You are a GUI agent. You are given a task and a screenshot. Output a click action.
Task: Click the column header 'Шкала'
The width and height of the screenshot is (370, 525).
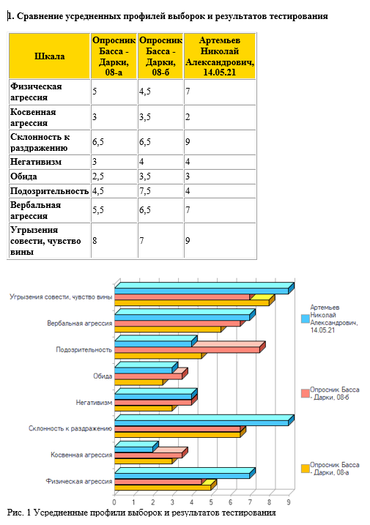point(50,56)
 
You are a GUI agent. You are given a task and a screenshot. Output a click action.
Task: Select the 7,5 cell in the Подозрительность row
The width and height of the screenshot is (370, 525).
point(145,191)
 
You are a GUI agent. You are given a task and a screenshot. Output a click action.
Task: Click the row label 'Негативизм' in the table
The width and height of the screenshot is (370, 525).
point(36,162)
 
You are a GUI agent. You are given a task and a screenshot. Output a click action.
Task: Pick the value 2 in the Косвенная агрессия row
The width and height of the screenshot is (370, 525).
point(188,117)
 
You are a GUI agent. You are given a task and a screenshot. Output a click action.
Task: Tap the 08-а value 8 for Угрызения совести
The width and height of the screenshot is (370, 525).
point(95,240)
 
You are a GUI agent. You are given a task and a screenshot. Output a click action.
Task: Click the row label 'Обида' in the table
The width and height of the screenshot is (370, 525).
point(23,176)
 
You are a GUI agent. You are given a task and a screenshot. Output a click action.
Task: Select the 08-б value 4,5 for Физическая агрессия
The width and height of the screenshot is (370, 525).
point(145,91)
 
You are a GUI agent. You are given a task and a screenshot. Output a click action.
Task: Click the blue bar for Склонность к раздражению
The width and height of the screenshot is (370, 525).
point(201,423)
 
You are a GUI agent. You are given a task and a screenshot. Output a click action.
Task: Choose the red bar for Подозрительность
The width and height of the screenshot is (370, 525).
point(187,350)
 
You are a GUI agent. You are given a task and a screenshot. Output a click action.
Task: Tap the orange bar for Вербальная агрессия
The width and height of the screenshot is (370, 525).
point(168,329)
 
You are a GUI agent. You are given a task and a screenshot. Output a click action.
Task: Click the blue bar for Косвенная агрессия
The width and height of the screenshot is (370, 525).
point(134,450)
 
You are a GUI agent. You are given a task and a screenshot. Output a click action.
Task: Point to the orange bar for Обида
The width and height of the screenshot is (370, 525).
point(138,382)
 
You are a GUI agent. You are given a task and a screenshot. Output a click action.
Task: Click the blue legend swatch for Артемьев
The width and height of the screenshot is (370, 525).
point(306,319)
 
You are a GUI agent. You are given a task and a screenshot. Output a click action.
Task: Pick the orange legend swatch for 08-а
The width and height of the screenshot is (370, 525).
point(306,469)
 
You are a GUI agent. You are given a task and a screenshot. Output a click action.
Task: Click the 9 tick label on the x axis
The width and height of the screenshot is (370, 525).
point(289,502)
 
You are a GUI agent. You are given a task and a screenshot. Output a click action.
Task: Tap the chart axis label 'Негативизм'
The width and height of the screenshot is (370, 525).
point(94,403)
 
